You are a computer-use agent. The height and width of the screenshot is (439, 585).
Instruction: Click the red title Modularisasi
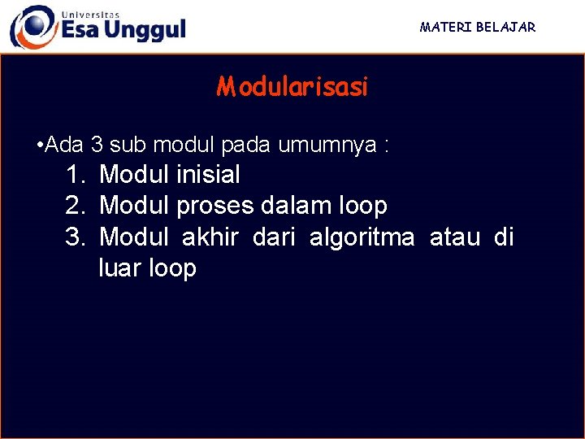[x=292, y=87]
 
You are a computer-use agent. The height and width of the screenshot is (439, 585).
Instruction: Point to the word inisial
[x=207, y=174]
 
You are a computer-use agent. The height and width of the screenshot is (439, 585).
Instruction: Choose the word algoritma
[x=362, y=238]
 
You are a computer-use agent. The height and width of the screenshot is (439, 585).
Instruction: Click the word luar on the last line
[x=120, y=268]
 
